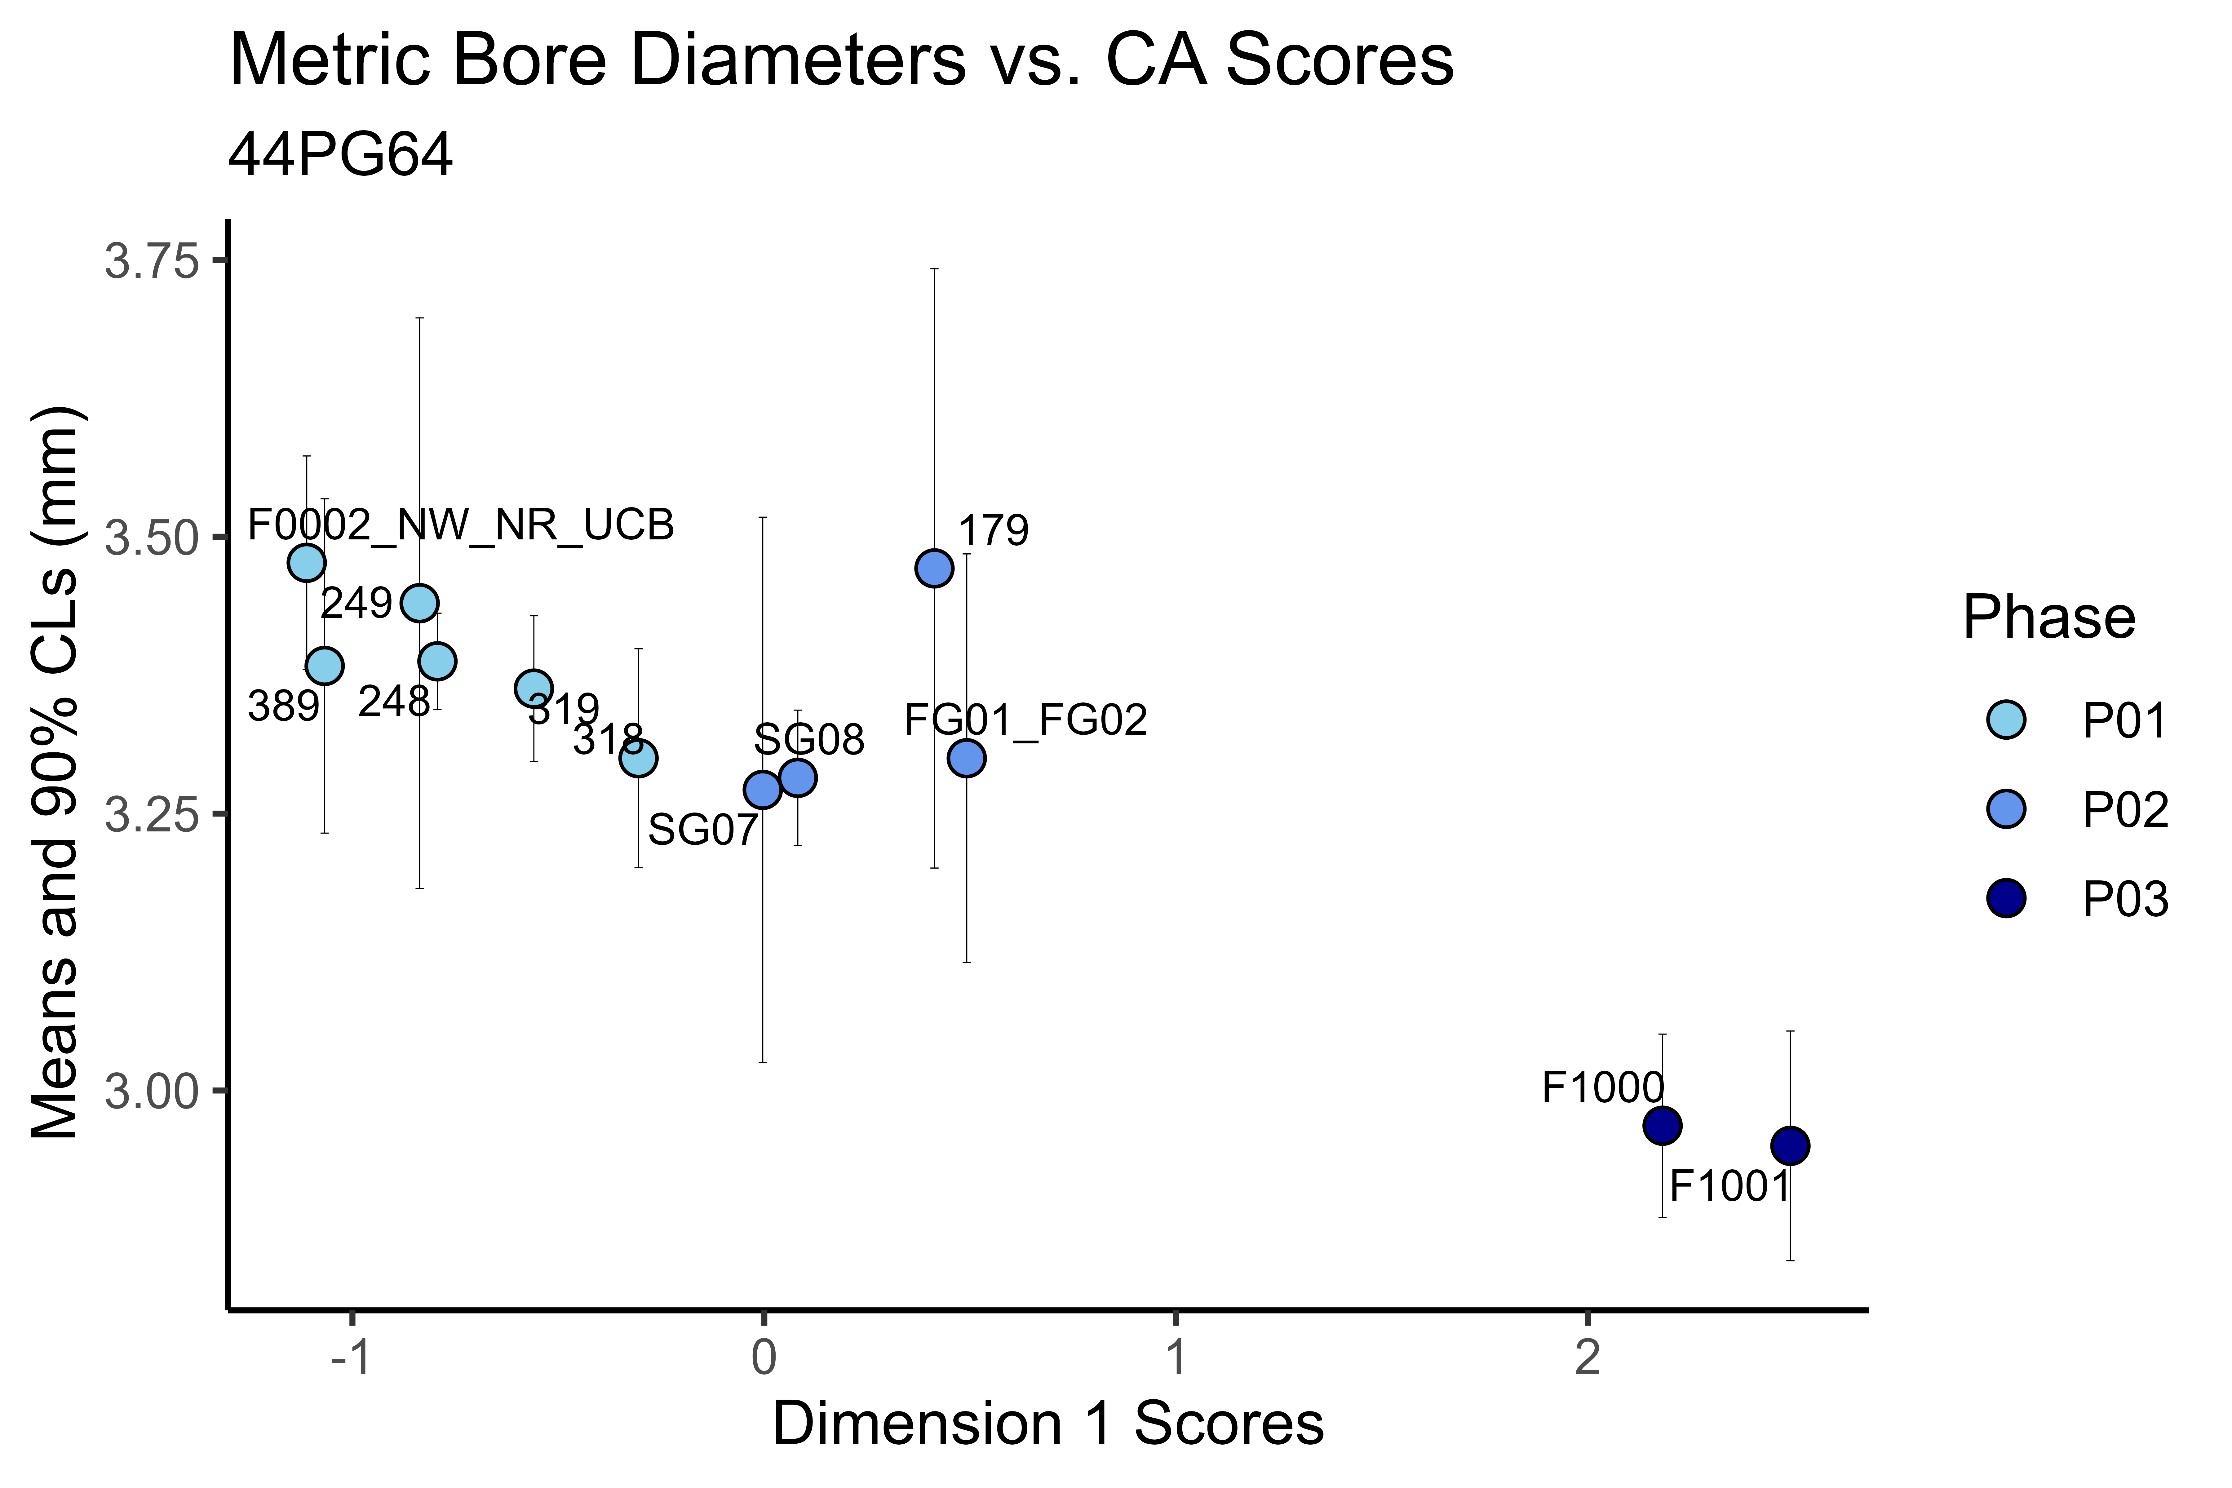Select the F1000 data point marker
(x=1662, y=1126)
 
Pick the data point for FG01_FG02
(x=966, y=758)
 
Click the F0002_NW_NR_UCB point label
(x=461, y=525)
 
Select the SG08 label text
(x=809, y=740)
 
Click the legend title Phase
(x=2049, y=619)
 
